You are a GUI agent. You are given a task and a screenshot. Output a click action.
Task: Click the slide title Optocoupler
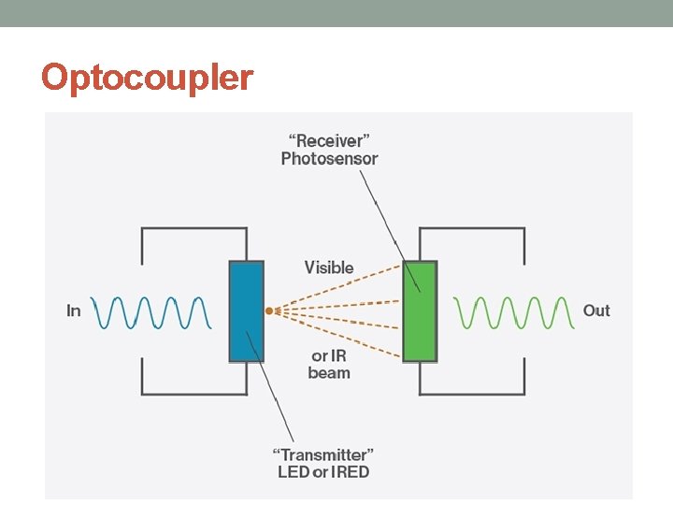147,77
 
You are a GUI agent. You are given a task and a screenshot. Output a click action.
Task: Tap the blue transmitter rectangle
247,311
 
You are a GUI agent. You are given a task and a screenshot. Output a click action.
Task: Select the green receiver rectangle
420,311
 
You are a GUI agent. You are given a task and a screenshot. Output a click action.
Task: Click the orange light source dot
268,310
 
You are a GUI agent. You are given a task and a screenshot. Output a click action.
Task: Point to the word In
74,310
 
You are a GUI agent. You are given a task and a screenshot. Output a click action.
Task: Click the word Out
596,310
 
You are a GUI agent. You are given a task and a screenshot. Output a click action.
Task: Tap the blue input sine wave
150,312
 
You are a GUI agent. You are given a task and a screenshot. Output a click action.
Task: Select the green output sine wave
512,312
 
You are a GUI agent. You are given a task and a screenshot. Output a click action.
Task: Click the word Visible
329,267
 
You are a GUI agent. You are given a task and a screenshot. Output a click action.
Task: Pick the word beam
329,373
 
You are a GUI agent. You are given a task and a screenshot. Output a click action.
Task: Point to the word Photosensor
329,159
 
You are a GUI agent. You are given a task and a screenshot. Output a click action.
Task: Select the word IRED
350,472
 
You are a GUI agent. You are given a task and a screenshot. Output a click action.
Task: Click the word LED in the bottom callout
294,472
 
